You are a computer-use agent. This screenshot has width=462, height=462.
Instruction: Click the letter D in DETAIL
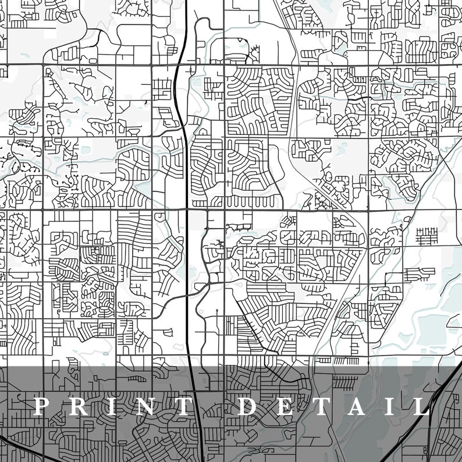(x=247, y=406)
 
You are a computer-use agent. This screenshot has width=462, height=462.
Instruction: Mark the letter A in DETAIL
(x=355, y=406)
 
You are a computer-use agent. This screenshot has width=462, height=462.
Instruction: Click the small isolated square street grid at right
(x=427, y=236)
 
